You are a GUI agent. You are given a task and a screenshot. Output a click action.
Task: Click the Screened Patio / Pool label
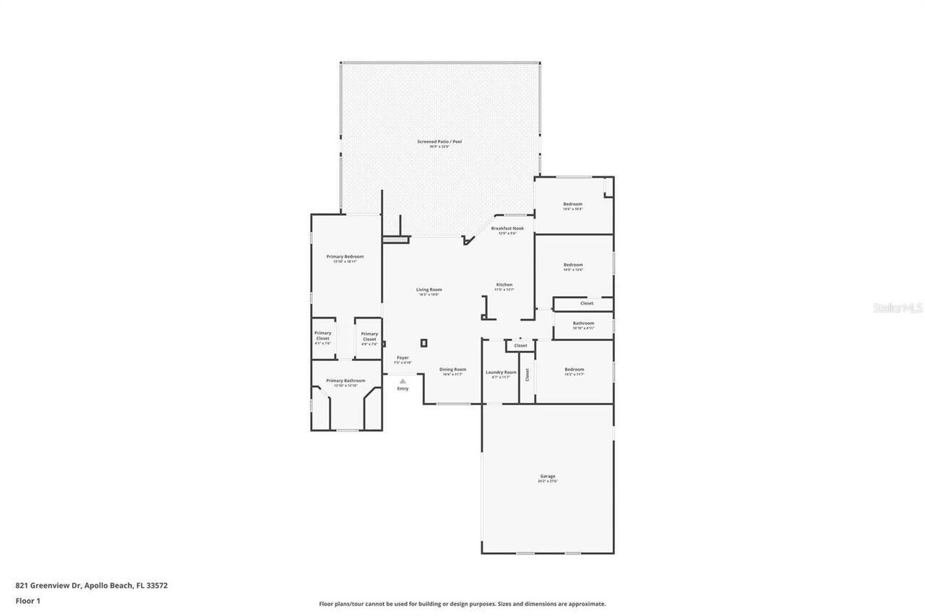(439, 142)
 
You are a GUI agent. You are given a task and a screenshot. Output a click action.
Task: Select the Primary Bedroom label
(345, 256)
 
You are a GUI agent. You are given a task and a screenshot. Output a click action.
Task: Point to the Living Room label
(429, 290)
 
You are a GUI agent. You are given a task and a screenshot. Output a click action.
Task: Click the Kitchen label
(504, 285)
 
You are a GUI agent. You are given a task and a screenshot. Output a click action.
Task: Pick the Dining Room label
(453, 369)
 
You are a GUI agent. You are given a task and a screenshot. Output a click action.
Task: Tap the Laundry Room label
(501, 372)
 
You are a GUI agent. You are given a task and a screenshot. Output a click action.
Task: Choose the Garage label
(547, 476)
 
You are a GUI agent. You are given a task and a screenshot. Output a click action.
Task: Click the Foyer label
(403, 357)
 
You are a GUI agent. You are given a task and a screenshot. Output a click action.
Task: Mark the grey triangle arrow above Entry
(403, 381)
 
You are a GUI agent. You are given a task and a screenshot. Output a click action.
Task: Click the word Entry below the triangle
(403, 389)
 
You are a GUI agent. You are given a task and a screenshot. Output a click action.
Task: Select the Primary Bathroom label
(345, 381)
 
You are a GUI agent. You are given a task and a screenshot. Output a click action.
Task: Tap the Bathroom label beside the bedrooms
(583, 323)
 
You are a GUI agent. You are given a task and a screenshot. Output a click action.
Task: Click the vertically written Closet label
(528, 374)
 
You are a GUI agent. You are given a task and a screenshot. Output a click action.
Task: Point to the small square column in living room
(424, 343)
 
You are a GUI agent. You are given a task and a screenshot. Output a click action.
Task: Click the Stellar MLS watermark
(898, 308)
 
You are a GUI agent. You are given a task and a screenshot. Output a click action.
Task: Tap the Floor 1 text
(27, 600)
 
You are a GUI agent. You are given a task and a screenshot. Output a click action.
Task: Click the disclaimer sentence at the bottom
(462, 604)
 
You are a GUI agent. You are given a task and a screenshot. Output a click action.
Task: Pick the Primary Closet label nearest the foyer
(369, 336)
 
